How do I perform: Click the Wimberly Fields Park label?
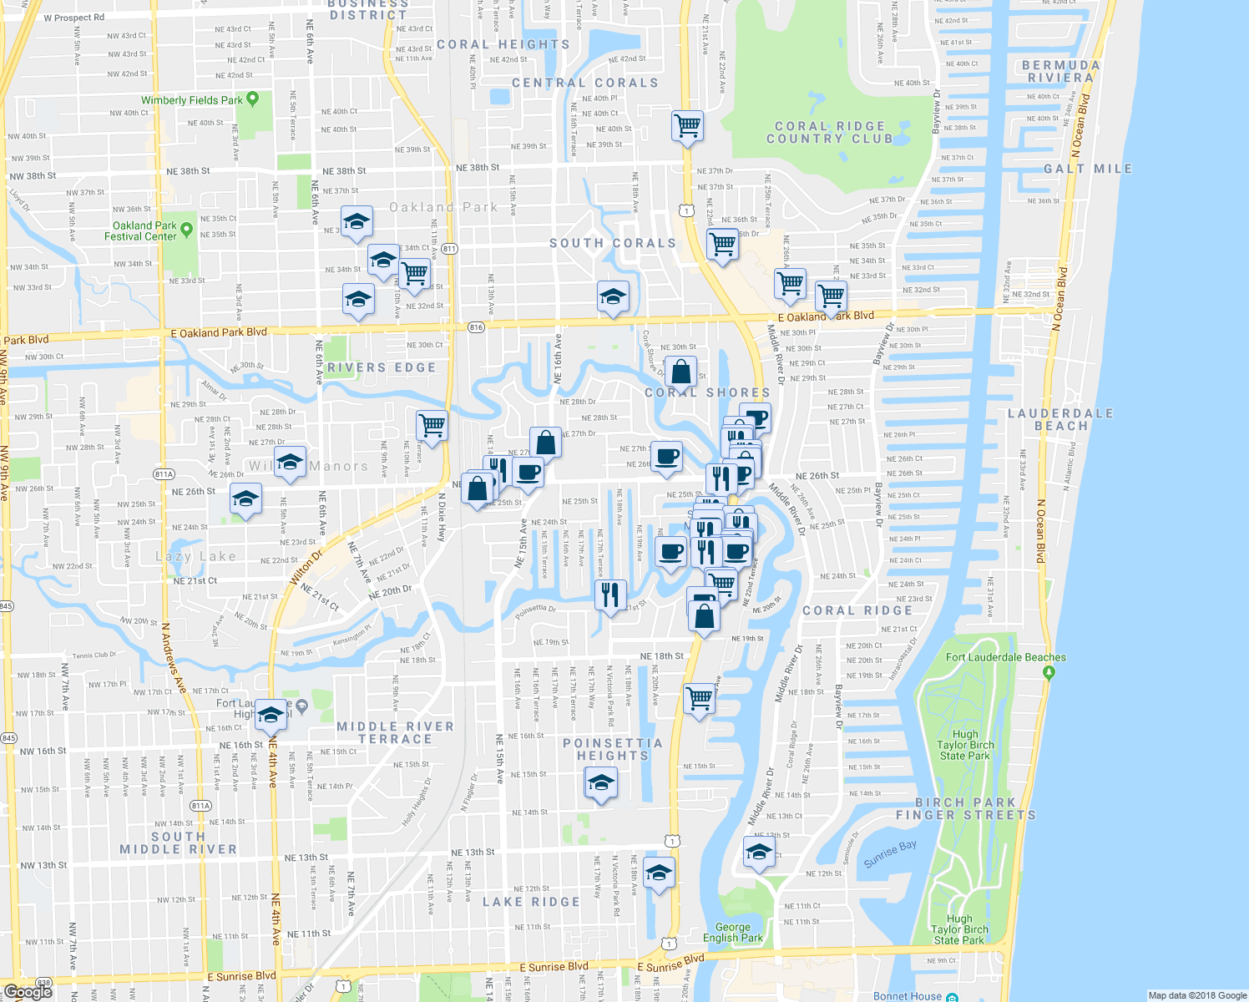pos(191,100)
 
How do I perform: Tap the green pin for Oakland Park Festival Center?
pos(186,229)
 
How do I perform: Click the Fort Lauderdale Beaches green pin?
pos(1049,672)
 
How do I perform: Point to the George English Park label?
pos(732,933)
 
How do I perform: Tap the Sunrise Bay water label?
pos(890,853)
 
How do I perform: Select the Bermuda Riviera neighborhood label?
pos(1060,71)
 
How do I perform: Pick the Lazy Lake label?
pos(196,556)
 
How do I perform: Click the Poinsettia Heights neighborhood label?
pos(613,749)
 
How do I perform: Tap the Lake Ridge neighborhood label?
pos(531,902)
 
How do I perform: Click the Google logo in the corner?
pos(28,991)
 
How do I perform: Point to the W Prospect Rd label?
pos(74,18)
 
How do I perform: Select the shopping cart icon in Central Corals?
pos(687,126)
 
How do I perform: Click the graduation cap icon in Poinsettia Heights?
pos(601,783)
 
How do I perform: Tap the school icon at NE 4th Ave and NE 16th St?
pos(271,716)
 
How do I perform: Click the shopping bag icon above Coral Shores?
pos(681,372)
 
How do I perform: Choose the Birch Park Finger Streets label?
pos(965,808)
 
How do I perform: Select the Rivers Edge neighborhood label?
pos(381,367)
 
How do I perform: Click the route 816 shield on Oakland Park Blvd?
pos(476,326)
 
